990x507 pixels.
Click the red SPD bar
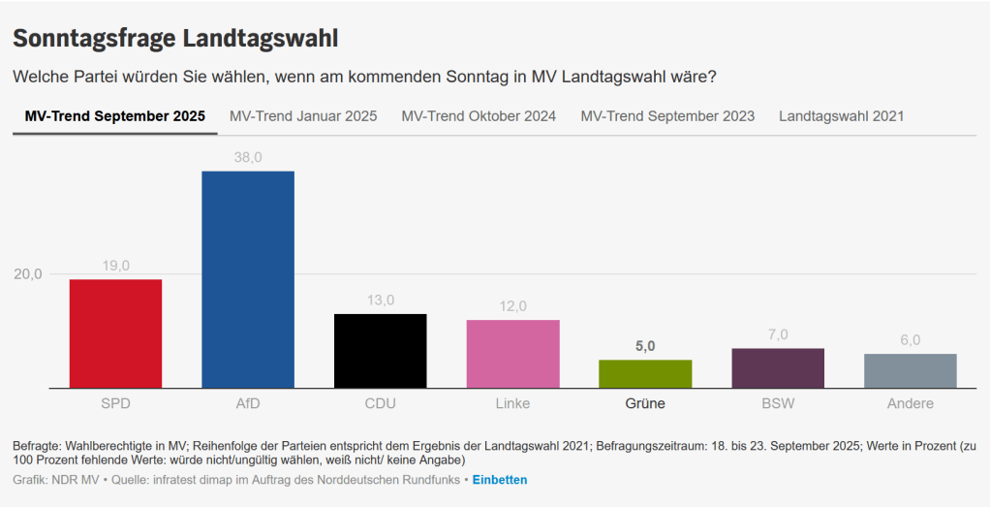point(115,333)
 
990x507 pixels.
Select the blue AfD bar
point(248,279)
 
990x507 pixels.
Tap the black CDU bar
point(380,351)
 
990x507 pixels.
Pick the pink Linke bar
point(512,354)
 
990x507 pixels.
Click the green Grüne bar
point(645,373)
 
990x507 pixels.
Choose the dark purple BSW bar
point(778,368)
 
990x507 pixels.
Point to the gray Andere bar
point(910,370)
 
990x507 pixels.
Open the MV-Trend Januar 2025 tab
point(303,116)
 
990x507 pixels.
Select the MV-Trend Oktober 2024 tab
point(479,116)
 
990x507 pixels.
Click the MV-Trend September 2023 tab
point(667,116)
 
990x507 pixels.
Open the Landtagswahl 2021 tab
point(841,116)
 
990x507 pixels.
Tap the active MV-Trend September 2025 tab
point(115,116)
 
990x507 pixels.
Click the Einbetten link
point(500,480)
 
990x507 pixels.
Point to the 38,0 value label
point(248,157)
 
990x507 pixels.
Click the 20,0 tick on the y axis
point(28,274)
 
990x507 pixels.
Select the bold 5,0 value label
point(645,346)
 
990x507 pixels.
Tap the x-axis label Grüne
point(645,403)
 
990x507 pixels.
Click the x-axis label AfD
point(248,403)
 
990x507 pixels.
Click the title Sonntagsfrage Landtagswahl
point(175,39)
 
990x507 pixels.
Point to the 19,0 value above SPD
point(115,266)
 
